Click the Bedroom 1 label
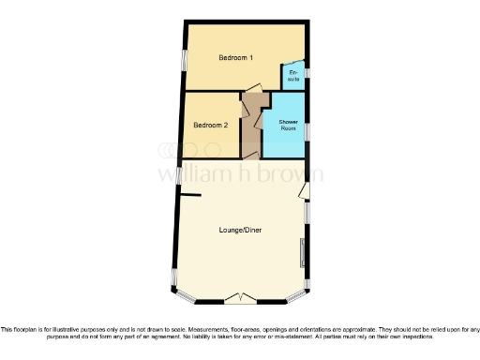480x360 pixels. point(236,58)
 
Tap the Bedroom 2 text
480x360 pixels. point(210,125)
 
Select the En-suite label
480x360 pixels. point(293,76)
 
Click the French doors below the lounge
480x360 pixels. point(242,298)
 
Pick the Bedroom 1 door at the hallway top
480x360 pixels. point(253,88)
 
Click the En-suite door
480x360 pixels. point(285,71)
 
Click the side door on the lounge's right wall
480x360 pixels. point(305,190)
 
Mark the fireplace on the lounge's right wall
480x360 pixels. point(302,250)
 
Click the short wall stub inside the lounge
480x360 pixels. point(190,195)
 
